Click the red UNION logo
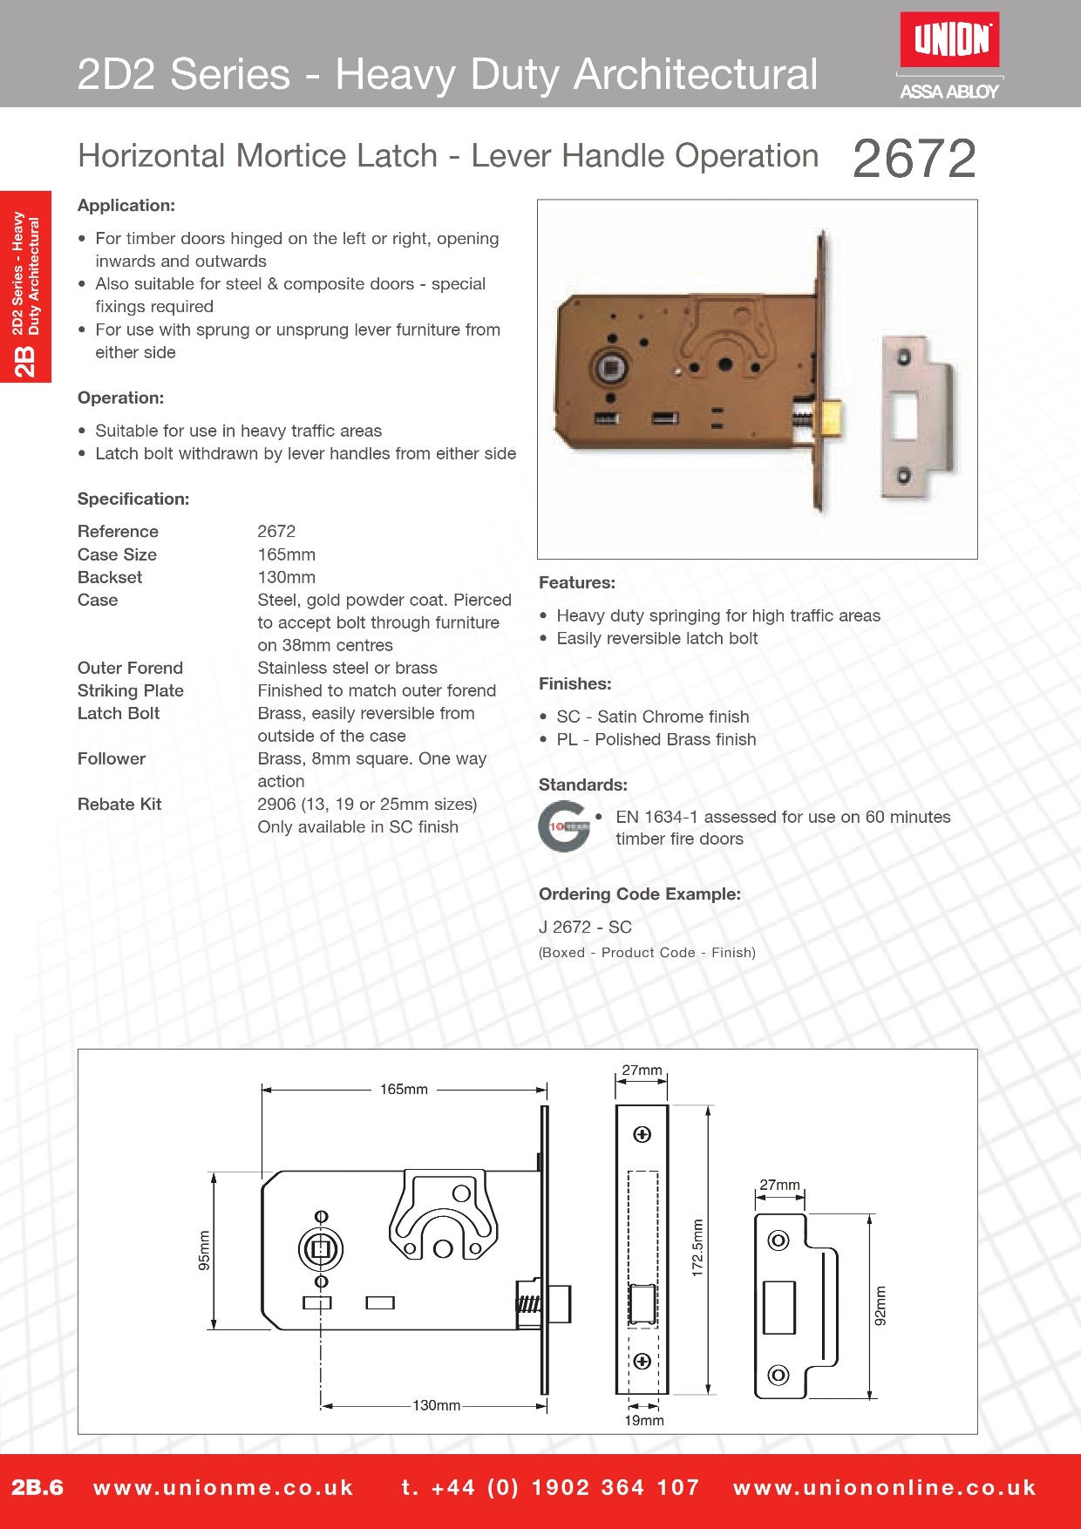tap(949, 40)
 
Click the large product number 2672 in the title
tap(914, 159)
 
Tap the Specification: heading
tap(133, 499)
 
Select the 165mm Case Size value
tap(286, 554)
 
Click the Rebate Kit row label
tap(119, 804)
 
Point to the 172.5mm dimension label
tap(697, 1247)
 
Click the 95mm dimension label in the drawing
tap(204, 1250)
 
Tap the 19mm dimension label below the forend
tap(643, 1420)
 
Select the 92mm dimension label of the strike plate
tap(880, 1306)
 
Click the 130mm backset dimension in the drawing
tap(436, 1405)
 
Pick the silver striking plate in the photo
tap(918, 417)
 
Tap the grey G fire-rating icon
tap(563, 826)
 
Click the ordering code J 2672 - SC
tap(585, 927)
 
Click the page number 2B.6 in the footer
tap(37, 1487)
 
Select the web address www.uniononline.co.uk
tap(884, 1487)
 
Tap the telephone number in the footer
tap(550, 1487)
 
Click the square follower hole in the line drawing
tap(321, 1250)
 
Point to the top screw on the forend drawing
tap(642, 1134)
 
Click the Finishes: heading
tap(574, 683)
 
